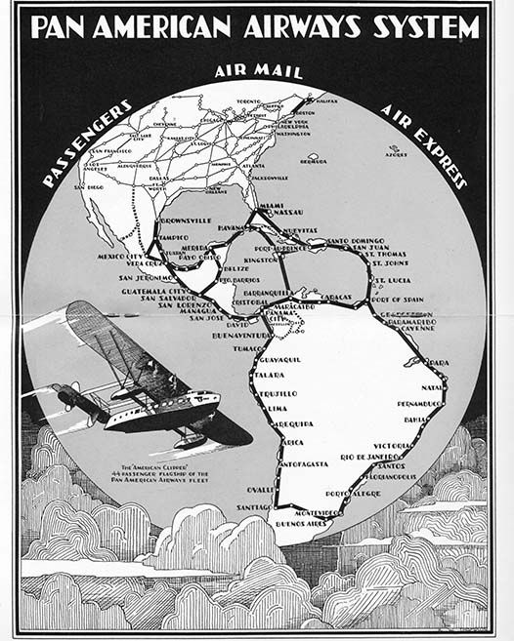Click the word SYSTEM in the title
[423, 26]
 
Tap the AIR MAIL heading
[258, 71]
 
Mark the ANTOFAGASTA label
[305, 463]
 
